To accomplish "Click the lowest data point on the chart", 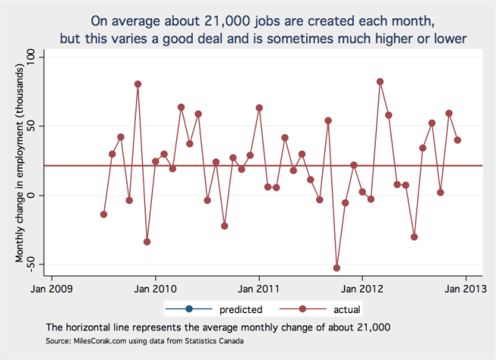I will point(336,268).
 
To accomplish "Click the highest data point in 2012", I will point(380,82).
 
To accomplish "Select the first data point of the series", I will point(104,214).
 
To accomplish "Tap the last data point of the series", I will point(457,140).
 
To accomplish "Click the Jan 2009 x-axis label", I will point(51,287).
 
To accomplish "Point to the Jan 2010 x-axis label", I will point(156,287).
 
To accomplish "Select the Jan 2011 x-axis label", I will point(259,287).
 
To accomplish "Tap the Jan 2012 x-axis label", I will point(363,287).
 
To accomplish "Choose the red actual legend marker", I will point(296,309).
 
